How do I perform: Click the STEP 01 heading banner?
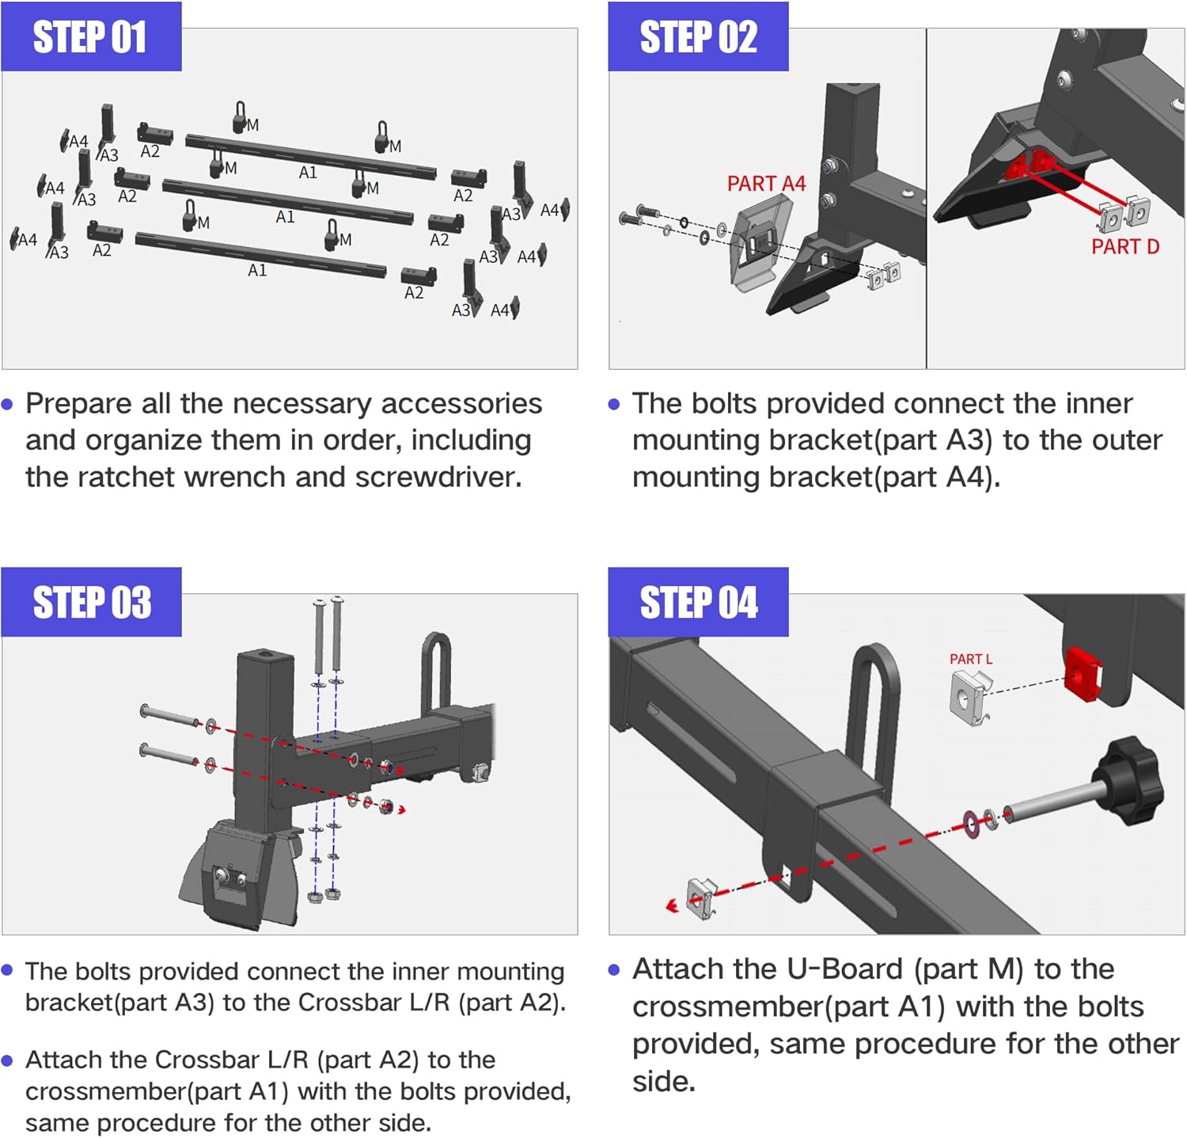click(90, 37)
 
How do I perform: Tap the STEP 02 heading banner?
click(697, 37)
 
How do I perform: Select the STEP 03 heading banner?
click(90, 603)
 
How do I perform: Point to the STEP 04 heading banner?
click(697, 603)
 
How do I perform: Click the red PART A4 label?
click(765, 184)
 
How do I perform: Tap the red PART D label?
click(1124, 247)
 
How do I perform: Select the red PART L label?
click(970, 659)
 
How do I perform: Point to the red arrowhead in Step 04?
click(672, 905)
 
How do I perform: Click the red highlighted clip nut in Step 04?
click(1082, 674)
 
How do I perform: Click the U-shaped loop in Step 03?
click(436, 670)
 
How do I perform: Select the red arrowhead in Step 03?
click(402, 809)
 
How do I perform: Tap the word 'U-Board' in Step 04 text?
click(845, 969)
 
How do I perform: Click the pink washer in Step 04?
click(971, 824)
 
